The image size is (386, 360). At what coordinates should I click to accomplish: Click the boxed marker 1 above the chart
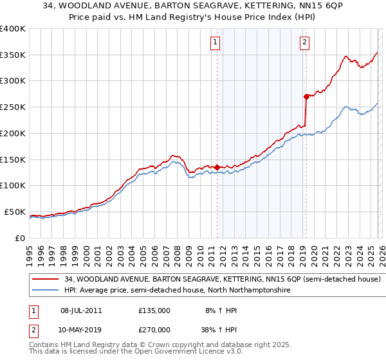[215, 43]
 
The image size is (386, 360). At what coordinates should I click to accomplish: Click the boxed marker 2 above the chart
[304, 43]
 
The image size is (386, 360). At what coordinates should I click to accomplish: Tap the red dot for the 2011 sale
[217, 167]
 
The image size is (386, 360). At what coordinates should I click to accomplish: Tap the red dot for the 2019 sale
[306, 96]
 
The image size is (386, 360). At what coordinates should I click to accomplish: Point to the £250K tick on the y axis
[13, 107]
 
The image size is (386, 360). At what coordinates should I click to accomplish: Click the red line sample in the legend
[45, 280]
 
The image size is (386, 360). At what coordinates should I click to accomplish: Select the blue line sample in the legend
[45, 291]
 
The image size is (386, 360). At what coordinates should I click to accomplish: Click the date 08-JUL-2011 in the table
[81, 310]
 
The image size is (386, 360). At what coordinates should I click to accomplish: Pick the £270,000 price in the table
[154, 330]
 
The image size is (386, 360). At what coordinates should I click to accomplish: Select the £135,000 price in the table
[154, 310]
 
